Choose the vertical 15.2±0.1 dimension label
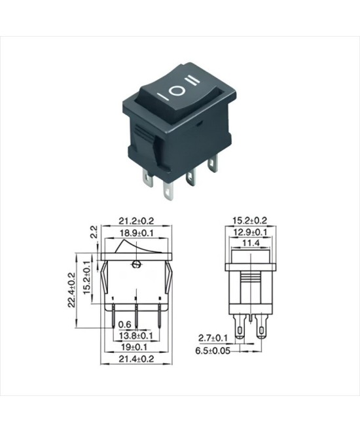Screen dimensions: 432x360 [x=87, y=278]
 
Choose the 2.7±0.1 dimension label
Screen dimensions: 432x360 [x=213, y=338]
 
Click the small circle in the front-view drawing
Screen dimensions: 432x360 [x=135, y=264]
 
